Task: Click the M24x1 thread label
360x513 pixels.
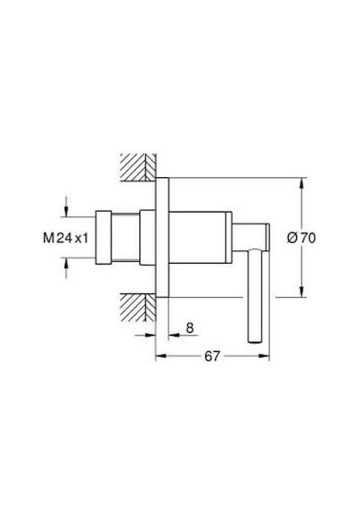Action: [x=66, y=238]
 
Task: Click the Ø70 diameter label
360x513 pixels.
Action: [x=301, y=238]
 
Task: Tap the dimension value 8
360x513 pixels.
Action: [x=190, y=328]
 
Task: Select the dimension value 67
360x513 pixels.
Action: [x=212, y=356]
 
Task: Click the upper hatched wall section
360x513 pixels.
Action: [x=138, y=166]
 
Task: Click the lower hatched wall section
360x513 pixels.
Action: [x=138, y=308]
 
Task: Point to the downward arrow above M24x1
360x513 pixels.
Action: [x=67, y=206]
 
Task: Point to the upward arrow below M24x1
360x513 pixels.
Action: [x=67, y=267]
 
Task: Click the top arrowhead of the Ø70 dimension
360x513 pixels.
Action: [x=301, y=184]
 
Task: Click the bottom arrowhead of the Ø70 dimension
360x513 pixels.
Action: [x=301, y=292]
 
